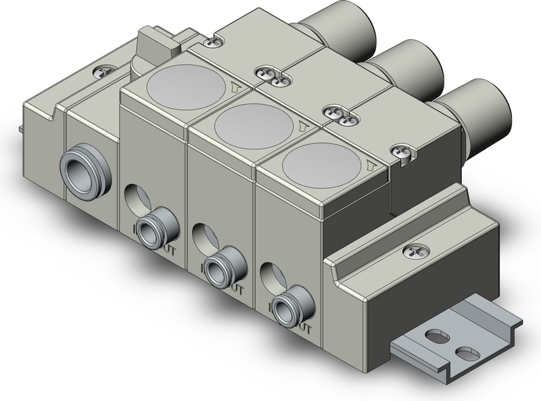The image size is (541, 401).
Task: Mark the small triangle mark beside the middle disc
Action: click(302, 125)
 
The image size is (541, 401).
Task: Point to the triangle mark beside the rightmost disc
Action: click(369, 165)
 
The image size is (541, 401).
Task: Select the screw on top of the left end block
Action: click(107, 68)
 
